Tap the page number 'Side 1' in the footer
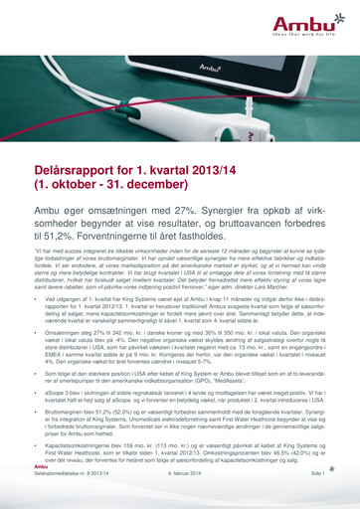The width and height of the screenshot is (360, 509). click(317, 504)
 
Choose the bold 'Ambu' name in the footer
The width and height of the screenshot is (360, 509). click(41, 495)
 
